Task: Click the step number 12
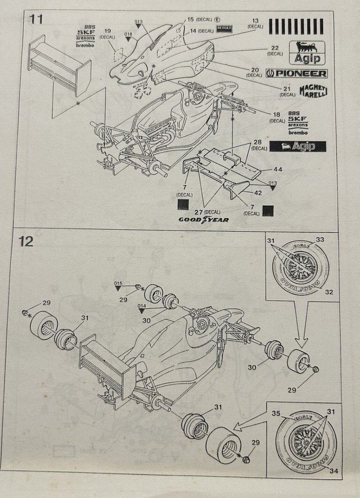pyautogui.click(x=26, y=241)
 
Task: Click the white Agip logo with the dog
pyautogui.click(x=307, y=53)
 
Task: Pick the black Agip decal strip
pyautogui.click(x=297, y=146)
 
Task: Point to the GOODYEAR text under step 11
pyautogui.click(x=207, y=220)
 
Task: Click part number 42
pyautogui.click(x=258, y=193)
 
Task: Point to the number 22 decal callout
pyautogui.click(x=274, y=48)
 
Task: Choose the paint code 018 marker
pyautogui.click(x=128, y=34)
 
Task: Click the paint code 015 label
pyautogui.click(x=118, y=284)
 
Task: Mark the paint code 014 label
pyautogui.click(x=142, y=305)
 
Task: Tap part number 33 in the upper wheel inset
pyautogui.click(x=320, y=240)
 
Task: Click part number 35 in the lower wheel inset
pyautogui.click(x=276, y=414)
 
